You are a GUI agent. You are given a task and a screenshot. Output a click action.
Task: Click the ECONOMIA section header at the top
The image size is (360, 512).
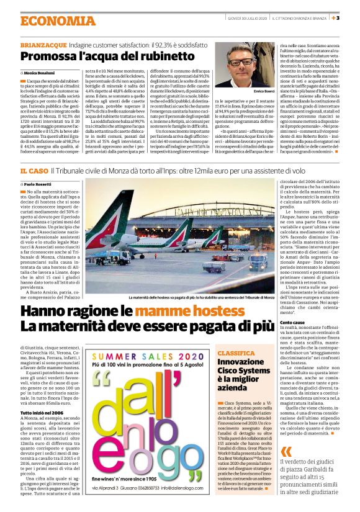coord(44,20)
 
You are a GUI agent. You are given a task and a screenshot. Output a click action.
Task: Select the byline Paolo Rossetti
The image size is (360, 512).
coord(40,184)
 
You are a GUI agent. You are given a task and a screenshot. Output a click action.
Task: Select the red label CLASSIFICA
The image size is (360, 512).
coord(217,353)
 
